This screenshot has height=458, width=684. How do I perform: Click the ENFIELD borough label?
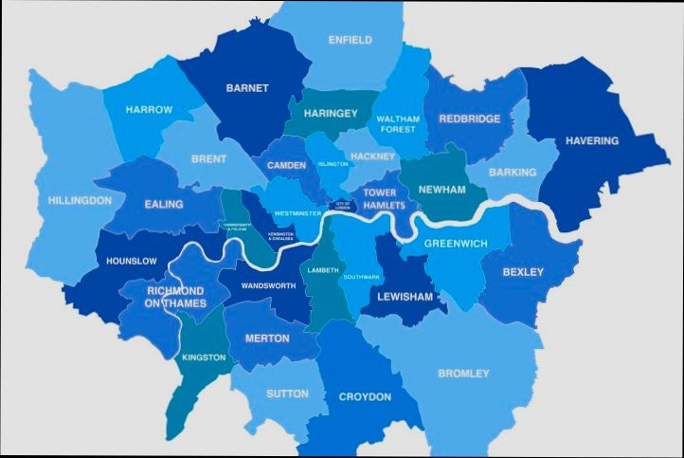coord(350,40)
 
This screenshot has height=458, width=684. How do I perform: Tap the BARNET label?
coord(246,88)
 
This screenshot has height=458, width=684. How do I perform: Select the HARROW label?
coord(149,110)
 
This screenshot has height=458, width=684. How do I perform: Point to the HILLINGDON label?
coord(80,201)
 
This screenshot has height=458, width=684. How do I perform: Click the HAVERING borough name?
coord(591,141)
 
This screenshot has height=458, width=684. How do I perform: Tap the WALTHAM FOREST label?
coord(397,125)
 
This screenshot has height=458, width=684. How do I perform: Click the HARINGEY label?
coord(331,114)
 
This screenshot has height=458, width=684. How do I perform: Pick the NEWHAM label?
coord(441,190)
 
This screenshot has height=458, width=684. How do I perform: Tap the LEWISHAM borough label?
coord(405,297)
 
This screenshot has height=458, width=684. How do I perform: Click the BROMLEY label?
coord(463,374)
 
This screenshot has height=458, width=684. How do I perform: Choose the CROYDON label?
coord(365,397)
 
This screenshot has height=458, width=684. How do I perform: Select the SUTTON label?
coord(287,394)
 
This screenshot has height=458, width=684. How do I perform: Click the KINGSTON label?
coord(204,357)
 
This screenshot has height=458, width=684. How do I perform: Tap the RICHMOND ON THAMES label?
coord(175,296)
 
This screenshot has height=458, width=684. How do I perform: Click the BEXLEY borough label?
coord(524,272)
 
